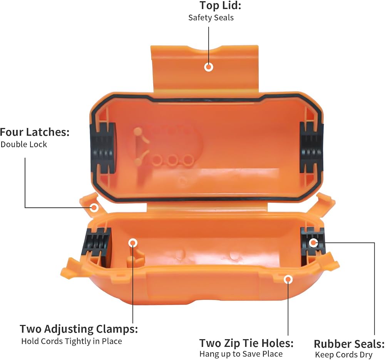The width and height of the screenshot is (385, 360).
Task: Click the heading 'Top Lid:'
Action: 220,5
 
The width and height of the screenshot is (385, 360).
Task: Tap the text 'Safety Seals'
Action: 211,18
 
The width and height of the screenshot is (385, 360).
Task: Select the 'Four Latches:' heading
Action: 35,132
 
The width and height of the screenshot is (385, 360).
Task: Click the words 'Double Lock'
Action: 24,144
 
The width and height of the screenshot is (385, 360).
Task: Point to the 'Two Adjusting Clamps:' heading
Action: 79,329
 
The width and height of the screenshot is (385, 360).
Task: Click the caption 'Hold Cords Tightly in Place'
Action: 72,341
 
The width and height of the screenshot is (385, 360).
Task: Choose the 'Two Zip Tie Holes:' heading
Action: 246,343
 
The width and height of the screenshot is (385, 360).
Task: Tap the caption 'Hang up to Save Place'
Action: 241,354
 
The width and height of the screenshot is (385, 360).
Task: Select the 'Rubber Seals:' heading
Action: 349,344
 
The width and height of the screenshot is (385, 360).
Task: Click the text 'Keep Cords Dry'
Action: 344,355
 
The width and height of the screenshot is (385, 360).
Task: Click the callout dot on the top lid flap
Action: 209,67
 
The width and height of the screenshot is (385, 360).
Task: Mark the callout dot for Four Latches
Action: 94,208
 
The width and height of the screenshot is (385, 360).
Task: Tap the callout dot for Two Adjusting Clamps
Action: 133,243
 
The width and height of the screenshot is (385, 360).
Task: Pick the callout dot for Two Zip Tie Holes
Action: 288,279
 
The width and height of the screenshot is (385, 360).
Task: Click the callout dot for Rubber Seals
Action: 313,243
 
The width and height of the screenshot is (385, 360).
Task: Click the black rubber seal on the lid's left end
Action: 103,148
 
